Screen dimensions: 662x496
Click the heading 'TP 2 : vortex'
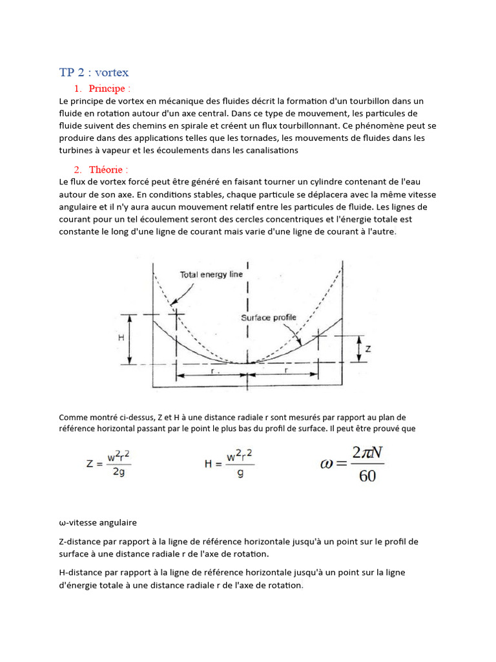click(x=94, y=72)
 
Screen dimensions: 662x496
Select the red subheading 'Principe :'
click(x=110, y=89)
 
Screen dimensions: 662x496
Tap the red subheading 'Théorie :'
click(x=108, y=169)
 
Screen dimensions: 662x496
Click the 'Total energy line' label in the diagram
click(x=211, y=274)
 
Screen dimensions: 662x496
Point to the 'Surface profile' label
click(x=269, y=317)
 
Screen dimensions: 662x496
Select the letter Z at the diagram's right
click(x=368, y=349)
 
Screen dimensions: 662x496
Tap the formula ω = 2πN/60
click(x=353, y=464)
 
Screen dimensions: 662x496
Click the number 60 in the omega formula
click(x=367, y=477)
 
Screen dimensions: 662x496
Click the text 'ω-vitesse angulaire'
click(x=98, y=522)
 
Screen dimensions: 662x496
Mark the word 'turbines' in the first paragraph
click(x=76, y=150)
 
